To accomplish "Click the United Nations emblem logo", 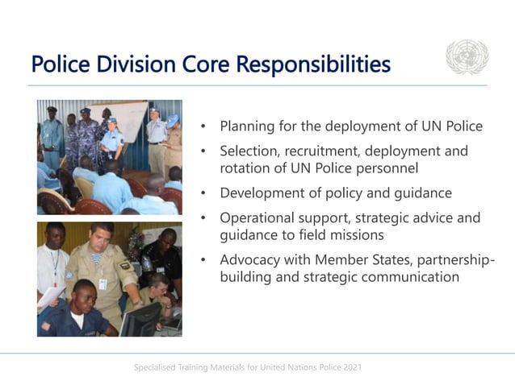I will [467, 58].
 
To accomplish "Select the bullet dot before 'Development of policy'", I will [205, 193].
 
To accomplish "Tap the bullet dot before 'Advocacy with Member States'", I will [205, 260].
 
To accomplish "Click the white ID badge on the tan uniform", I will [103, 284].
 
